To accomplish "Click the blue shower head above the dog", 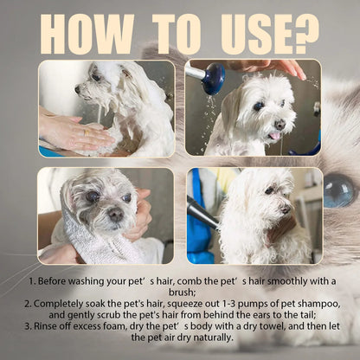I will pyautogui.click(x=214, y=80).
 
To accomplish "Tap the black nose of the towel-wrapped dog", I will pyautogui.click(x=114, y=214).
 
